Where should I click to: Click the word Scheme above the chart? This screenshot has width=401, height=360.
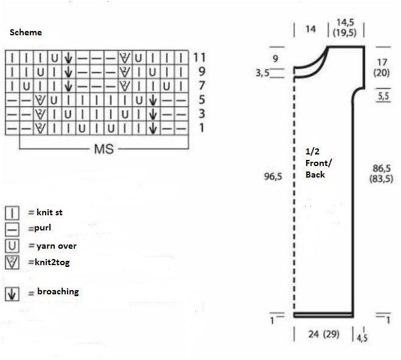click(26, 32)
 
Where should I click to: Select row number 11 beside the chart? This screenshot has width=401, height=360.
click(199, 58)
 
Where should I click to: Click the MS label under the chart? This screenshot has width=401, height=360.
click(103, 149)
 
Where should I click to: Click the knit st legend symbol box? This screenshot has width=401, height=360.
click(12, 213)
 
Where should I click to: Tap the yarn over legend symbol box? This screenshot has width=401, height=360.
click(12, 246)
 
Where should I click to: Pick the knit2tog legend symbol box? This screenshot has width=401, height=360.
click(12, 263)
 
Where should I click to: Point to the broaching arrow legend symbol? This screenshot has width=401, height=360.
click(12, 294)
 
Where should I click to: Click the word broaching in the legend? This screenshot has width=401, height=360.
click(58, 291)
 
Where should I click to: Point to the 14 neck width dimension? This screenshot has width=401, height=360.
click(311, 29)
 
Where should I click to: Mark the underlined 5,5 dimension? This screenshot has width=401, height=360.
click(383, 96)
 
